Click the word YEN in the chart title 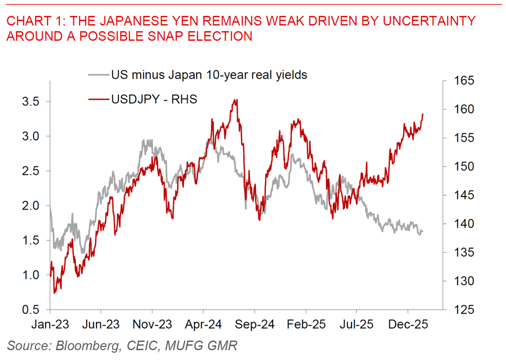(x=183, y=21)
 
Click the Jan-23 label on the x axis (x=50, y=325)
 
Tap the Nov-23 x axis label (x=152, y=325)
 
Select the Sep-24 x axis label (x=254, y=325)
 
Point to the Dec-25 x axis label (x=407, y=325)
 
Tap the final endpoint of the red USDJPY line (x=423, y=114)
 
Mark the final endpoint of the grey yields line (x=422, y=232)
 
